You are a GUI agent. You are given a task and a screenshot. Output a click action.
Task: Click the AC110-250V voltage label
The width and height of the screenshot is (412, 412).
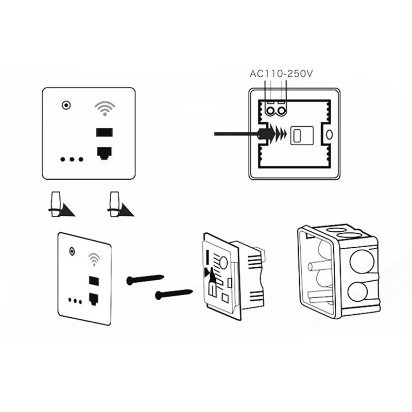tap(281, 73)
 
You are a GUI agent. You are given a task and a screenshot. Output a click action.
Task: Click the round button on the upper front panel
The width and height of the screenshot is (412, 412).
tap(65, 106)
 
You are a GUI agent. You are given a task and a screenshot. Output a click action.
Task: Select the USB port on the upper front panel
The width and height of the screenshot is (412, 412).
tap(105, 132)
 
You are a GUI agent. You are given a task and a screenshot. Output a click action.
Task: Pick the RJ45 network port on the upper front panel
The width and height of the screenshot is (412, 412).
tap(105, 152)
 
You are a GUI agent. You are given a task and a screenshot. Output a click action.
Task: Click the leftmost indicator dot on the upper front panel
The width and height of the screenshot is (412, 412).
tap(62, 160)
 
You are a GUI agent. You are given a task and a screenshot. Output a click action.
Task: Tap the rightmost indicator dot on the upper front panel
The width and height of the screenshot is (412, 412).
tap(81, 160)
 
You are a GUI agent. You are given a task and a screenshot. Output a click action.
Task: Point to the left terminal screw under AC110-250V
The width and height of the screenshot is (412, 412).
tap(269, 110)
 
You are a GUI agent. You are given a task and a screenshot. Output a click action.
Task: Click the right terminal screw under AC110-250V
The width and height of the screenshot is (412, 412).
tap(282, 110)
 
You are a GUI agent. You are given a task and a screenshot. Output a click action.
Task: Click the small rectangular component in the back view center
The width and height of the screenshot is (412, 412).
tap(297, 135)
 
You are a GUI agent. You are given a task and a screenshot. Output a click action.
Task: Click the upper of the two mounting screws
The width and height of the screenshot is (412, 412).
tap(145, 280)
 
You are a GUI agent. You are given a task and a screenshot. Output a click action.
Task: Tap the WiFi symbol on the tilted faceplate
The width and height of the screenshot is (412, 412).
tap(94, 259)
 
